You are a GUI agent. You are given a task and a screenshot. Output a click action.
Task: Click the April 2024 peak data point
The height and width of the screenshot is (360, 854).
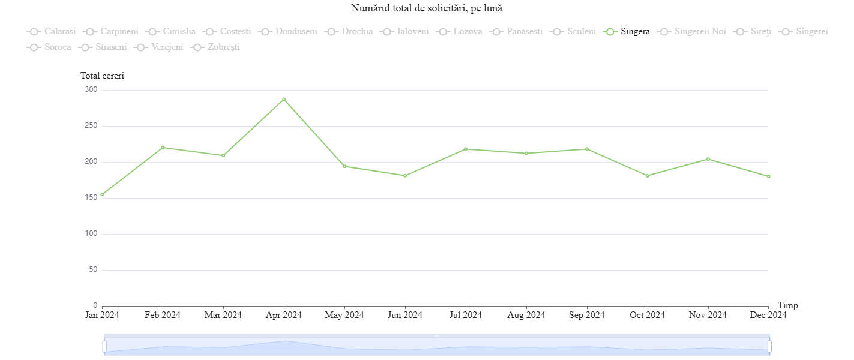(x=284, y=99)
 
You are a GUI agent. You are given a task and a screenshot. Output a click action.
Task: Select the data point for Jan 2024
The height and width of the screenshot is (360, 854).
(x=102, y=194)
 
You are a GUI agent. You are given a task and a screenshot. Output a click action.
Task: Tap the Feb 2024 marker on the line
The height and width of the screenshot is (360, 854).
(x=163, y=148)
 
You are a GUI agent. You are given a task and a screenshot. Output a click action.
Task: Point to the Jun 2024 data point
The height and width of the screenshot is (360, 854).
(x=405, y=176)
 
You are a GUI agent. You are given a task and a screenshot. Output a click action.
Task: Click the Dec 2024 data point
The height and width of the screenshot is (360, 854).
(x=768, y=176)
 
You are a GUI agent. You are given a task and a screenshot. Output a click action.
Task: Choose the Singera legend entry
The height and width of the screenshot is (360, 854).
(x=628, y=31)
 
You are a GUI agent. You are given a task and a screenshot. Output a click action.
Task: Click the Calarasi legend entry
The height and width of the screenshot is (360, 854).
(x=52, y=31)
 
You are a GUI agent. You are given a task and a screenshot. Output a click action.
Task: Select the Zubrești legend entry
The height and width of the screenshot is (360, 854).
(x=215, y=47)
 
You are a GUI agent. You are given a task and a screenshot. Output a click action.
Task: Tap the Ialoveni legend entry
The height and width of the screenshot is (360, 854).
(x=405, y=31)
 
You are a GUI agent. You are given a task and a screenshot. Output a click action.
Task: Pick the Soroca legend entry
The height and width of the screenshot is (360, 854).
(x=50, y=47)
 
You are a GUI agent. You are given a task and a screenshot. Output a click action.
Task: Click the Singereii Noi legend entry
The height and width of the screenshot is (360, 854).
(x=692, y=31)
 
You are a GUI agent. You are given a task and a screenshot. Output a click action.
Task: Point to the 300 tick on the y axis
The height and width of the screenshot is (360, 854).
(x=91, y=90)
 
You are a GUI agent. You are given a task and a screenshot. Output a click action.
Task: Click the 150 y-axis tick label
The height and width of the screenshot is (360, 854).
(x=91, y=198)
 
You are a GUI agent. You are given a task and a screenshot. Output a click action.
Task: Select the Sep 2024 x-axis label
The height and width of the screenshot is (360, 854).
(x=586, y=315)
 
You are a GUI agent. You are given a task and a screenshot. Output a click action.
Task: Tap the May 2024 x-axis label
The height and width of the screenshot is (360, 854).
(x=344, y=315)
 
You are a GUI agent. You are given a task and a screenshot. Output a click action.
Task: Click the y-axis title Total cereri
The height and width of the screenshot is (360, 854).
(x=102, y=76)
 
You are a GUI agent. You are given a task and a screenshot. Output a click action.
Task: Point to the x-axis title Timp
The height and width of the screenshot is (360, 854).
(x=787, y=305)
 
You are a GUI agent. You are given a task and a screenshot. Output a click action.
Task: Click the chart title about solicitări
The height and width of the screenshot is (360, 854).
(x=427, y=8)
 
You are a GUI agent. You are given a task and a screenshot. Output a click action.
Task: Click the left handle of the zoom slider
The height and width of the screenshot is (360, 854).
(x=104, y=346)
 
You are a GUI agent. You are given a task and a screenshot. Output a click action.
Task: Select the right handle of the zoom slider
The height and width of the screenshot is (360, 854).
(x=769, y=346)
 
